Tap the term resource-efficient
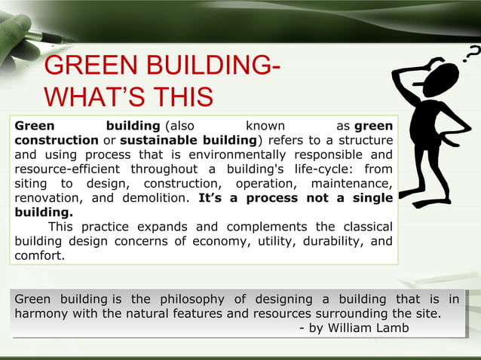[x=69, y=169]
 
